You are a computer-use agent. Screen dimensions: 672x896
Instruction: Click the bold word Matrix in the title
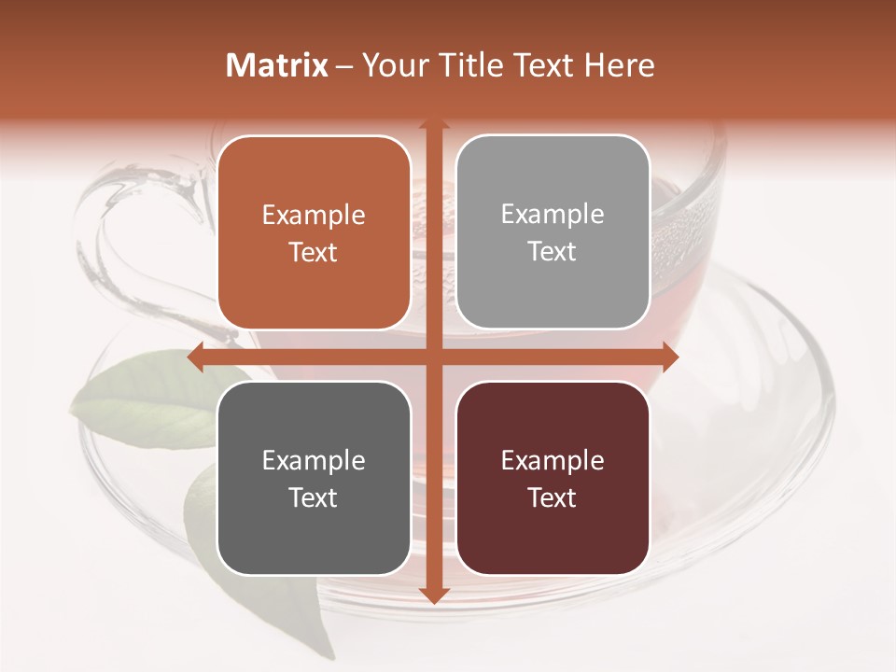tap(277, 65)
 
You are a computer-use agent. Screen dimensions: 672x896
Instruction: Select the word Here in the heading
tap(620, 65)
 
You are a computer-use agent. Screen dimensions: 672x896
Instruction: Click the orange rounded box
tap(314, 233)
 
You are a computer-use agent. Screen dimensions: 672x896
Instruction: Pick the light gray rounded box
tap(553, 232)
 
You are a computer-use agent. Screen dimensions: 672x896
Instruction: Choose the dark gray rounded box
tap(314, 478)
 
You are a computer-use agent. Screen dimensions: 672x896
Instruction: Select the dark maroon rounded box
tap(553, 478)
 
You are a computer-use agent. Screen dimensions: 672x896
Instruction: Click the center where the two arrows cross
tap(433, 357)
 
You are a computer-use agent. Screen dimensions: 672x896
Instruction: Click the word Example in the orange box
tap(314, 216)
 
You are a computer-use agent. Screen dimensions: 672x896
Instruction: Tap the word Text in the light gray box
tap(553, 252)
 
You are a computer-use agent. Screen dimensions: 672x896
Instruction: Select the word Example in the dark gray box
tap(314, 461)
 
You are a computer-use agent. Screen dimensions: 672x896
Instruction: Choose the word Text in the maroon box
tap(553, 497)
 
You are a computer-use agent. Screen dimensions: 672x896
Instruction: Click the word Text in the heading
tap(542, 65)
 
